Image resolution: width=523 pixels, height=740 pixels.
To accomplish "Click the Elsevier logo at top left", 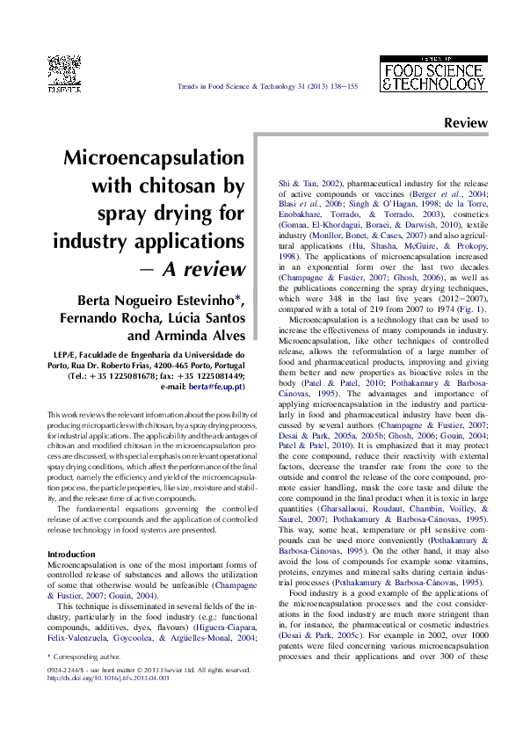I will (x=64, y=73).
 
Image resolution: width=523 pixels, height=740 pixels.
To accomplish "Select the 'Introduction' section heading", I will (x=71, y=530).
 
